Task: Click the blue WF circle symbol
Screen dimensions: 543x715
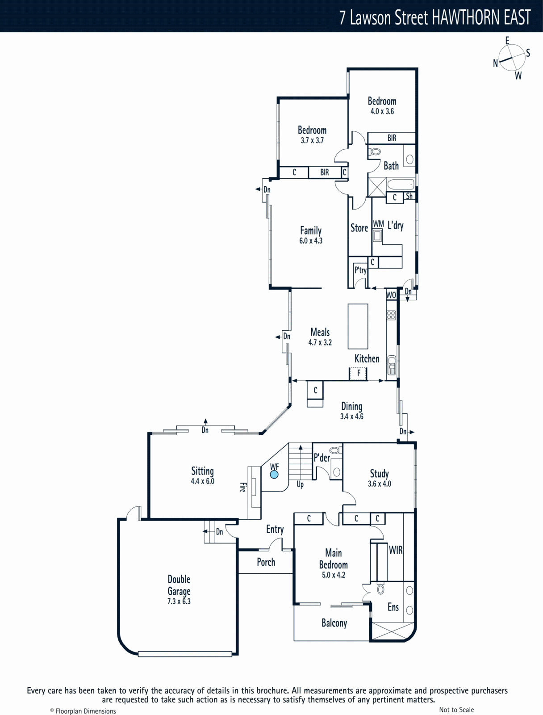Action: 274,475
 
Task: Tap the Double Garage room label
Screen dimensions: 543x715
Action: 179,585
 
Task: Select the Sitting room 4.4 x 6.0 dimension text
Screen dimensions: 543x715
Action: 202,481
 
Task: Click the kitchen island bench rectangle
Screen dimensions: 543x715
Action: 358,326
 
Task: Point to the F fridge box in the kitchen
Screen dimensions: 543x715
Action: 358,373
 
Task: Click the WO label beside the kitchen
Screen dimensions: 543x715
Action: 391,295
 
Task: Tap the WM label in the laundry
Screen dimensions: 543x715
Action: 378,224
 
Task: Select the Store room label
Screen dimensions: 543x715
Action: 359,228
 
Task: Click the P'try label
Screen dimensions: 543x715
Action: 360,270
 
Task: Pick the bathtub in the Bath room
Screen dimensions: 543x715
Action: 401,185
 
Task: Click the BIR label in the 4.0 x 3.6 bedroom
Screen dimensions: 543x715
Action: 392,138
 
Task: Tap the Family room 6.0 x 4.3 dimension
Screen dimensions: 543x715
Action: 311,241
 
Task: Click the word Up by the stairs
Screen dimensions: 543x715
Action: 300,484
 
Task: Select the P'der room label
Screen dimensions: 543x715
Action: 322,458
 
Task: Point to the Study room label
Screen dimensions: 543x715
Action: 380,473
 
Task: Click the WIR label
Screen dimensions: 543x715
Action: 396,550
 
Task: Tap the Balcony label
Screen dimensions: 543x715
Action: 334,623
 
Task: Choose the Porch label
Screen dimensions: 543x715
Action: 266,562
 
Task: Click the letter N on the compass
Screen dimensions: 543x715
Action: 496,63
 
